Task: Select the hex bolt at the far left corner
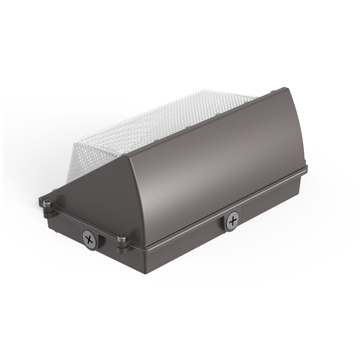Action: click(x=46, y=201)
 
